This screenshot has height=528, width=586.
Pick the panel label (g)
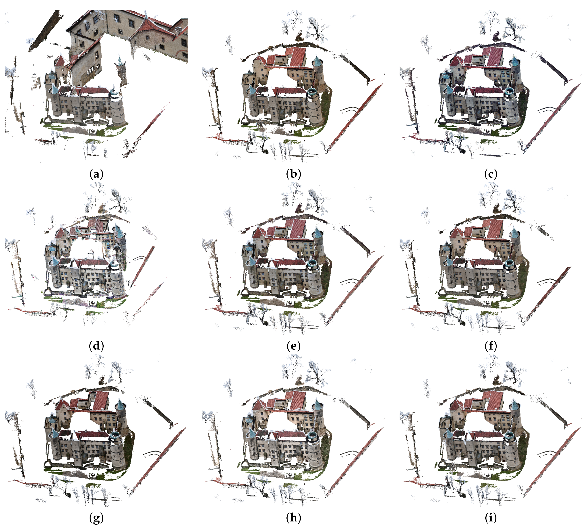pyautogui.click(x=96, y=518)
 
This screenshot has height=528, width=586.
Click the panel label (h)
pyautogui.click(x=293, y=518)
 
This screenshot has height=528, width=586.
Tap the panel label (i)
pyautogui.click(x=490, y=518)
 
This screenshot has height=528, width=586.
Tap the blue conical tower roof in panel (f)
pyautogui.click(x=514, y=234)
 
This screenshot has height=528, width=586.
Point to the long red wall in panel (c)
pyautogui.click(x=551, y=117)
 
